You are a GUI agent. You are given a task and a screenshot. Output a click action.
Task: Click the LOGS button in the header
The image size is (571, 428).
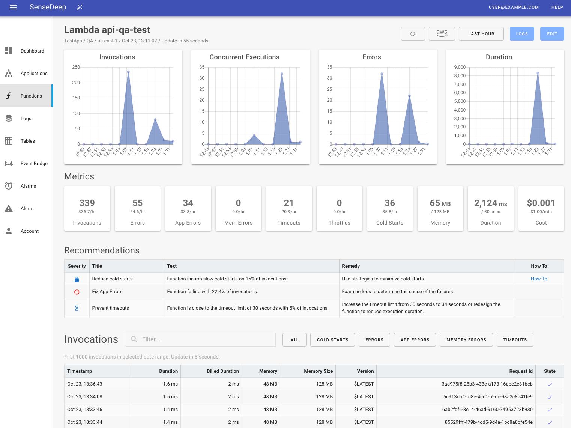pos(521,34)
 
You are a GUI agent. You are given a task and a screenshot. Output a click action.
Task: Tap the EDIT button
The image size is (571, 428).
pos(552,34)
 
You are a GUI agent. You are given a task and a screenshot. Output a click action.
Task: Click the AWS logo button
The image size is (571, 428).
pos(442,34)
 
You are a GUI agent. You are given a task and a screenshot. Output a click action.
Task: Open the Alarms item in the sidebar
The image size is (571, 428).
pos(28,186)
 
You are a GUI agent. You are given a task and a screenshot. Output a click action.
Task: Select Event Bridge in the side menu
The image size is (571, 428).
pos(34,164)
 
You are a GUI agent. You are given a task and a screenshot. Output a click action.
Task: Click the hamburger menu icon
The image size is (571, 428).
pos(13,7)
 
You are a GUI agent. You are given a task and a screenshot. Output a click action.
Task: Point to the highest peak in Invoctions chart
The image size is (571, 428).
pos(128,72)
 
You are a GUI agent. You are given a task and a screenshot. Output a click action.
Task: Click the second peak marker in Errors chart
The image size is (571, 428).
pos(409,96)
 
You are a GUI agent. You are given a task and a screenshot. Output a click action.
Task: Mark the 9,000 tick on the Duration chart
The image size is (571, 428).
pos(460,67)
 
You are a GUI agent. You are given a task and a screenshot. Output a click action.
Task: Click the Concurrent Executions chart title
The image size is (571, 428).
pos(244,57)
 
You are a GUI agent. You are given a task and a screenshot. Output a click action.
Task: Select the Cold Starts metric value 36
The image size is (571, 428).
pos(389,203)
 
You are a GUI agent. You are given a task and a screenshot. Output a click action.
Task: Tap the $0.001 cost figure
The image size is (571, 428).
pos(541,203)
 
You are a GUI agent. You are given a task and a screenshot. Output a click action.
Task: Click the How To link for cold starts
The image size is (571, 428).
pos(539,279)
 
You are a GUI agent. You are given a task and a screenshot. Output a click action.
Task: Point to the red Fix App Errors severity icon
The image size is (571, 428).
pos(77,292)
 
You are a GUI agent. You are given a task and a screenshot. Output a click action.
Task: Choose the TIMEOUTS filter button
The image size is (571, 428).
pos(515,340)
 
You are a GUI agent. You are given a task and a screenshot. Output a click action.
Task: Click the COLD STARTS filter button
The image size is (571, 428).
pos(332,340)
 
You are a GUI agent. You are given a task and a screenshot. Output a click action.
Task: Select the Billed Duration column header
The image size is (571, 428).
pos(222,371)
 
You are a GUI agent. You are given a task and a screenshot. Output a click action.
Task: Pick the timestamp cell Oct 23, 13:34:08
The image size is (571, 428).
pos(85,397)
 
